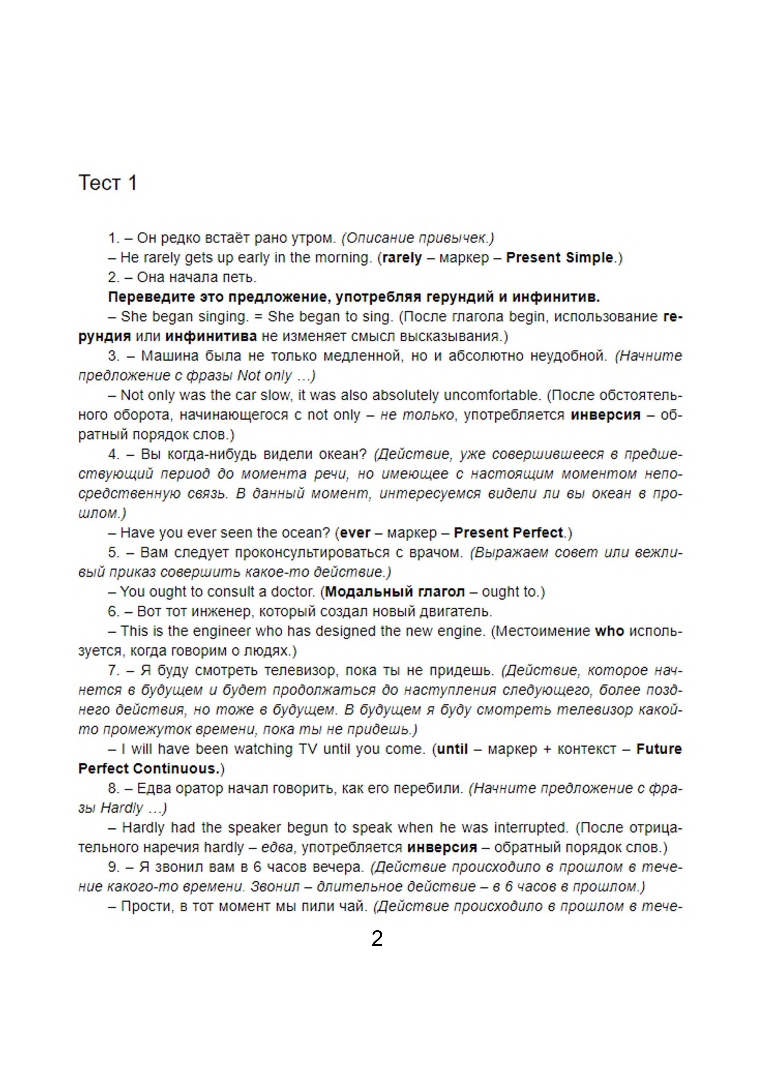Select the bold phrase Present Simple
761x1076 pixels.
[560, 258]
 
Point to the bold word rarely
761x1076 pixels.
[402, 258]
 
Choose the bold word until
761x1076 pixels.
[452, 749]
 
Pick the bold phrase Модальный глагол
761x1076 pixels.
[395, 592]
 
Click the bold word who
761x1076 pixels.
[609, 631]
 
